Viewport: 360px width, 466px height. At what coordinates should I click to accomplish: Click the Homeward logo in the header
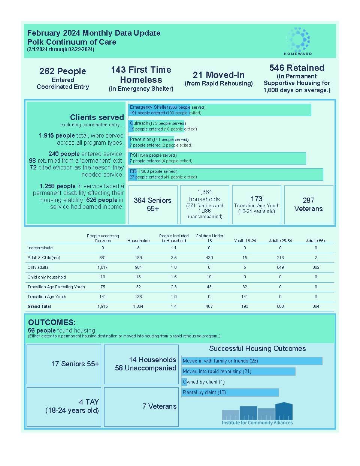pos(298,41)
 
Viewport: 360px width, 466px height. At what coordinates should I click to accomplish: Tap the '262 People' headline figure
pos(63,71)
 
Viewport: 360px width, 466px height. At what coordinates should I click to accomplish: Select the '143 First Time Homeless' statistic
pos(141,75)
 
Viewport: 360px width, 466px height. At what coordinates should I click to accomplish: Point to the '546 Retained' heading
pos(297,68)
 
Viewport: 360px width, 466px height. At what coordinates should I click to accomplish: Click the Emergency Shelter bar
pos(220,110)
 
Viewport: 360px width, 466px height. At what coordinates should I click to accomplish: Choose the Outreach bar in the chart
pos(156,126)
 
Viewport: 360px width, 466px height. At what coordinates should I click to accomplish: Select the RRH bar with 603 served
pos(226,174)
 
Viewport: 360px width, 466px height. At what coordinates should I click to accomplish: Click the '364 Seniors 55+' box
pos(153,205)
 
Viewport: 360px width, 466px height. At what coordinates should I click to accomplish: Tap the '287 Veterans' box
pos(309,205)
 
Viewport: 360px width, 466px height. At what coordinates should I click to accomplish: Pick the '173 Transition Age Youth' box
pos(257,205)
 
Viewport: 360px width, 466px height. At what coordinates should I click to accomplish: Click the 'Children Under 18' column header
pos(209,238)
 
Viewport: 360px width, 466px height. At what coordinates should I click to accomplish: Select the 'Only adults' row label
pos(38,267)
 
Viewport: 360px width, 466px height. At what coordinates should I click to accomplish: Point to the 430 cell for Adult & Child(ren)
pos(209,258)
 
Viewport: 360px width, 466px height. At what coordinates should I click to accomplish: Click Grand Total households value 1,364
pos(138,306)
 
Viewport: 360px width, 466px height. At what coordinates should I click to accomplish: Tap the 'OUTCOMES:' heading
pos(52,322)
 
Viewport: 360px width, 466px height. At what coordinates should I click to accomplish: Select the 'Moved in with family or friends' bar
pos(252,361)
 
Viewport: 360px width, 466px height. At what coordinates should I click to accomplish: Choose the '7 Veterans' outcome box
pos(141,406)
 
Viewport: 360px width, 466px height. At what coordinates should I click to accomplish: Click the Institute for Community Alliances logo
pos(257,415)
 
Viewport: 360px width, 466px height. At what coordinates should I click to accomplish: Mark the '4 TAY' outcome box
pos(64,406)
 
